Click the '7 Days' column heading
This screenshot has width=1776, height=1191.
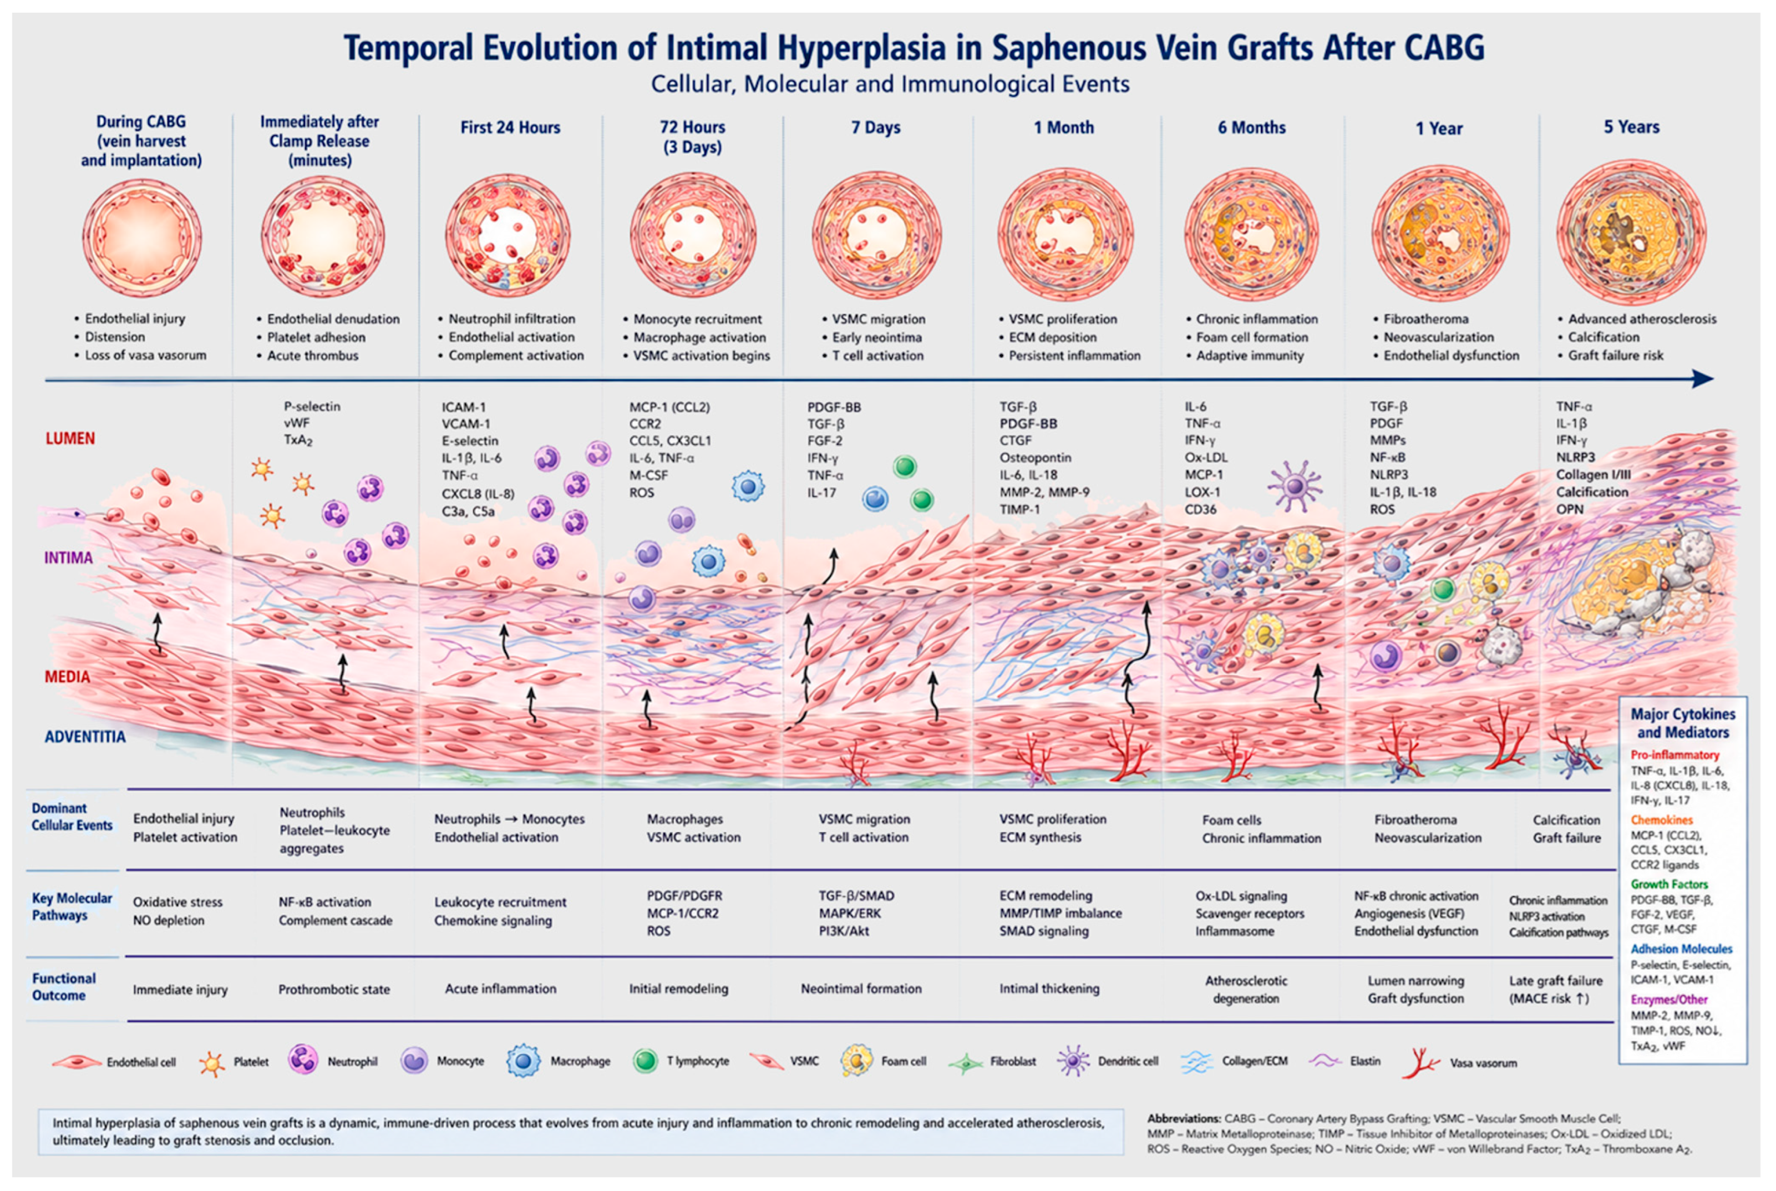[x=875, y=128]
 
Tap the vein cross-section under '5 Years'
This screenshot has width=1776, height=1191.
[x=1631, y=233]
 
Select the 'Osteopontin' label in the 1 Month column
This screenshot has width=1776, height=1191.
[x=1035, y=457]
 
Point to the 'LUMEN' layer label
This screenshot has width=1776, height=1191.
[x=70, y=438]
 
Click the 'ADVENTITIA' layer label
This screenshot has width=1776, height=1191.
[x=85, y=737]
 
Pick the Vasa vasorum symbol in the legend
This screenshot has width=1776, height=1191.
[x=1420, y=1062]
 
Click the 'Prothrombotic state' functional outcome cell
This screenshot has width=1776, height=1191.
[x=333, y=989]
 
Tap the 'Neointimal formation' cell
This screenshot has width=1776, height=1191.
[x=861, y=988]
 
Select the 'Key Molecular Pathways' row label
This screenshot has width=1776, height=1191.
[x=72, y=906]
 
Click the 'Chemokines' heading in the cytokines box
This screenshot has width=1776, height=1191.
[x=1662, y=819]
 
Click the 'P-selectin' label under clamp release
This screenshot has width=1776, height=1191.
[x=312, y=407]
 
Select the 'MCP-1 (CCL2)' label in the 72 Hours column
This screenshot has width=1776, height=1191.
[x=669, y=407]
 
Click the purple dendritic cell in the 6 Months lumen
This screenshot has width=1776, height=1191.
[x=1295, y=485]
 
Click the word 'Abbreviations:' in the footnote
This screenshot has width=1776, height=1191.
[x=1183, y=1118]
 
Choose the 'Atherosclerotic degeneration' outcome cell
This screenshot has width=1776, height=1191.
[x=1246, y=989]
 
